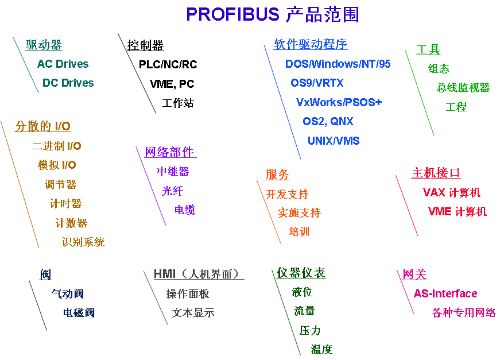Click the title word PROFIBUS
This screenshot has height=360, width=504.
(x=232, y=14)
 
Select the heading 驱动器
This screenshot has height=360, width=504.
(x=44, y=45)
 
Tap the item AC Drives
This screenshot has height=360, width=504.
(x=63, y=64)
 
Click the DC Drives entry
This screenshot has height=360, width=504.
(x=68, y=83)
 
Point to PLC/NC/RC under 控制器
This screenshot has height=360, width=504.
(x=168, y=64)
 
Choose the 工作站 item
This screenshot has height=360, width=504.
(x=178, y=103)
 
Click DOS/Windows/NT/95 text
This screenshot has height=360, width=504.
(x=338, y=64)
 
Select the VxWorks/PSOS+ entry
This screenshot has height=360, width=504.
(x=339, y=102)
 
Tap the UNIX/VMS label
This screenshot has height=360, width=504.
(x=334, y=141)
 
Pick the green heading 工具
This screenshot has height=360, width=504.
(x=428, y=50)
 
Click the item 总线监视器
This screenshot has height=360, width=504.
(x=463, y=87)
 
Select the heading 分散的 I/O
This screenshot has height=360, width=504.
(x=43, y=126)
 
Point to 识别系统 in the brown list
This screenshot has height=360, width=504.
(x=83, y=242)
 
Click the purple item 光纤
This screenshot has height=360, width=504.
(x=172, y=191)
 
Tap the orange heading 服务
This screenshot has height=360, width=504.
(x=277, y=175)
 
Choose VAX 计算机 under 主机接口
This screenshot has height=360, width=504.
(x=452, y=192)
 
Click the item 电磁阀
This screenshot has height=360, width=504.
(x=79, y=312)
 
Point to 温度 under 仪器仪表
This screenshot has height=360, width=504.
(x=321, y=349)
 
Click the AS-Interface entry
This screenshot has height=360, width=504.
(x=445, y=293)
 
